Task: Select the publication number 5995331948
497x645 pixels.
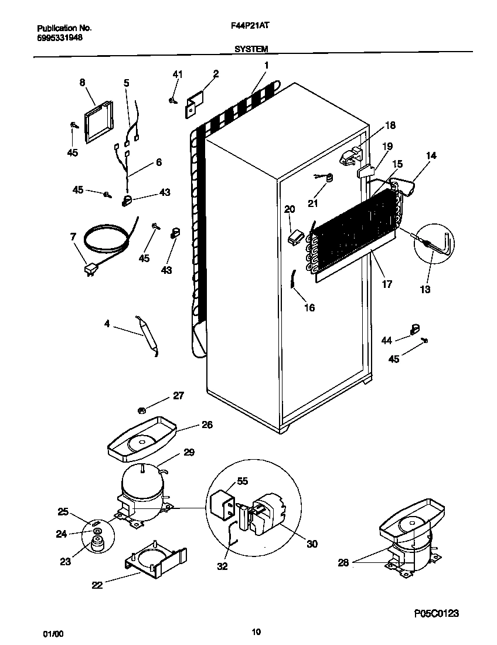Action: pos(60,37)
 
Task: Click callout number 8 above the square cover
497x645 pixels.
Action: pos(81,83)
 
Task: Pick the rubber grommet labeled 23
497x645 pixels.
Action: pos(96,542)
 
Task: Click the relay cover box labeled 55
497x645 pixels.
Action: pos(222,505)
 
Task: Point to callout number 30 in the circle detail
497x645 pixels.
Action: pos(312,544)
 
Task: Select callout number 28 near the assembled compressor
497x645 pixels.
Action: pos(344,562)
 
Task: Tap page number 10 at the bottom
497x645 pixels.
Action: pos(256,632)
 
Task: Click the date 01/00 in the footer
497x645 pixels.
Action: pos(52,634)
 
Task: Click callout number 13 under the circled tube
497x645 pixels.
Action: pos(425,289)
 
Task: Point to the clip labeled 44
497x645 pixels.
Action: pos(416,330)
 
